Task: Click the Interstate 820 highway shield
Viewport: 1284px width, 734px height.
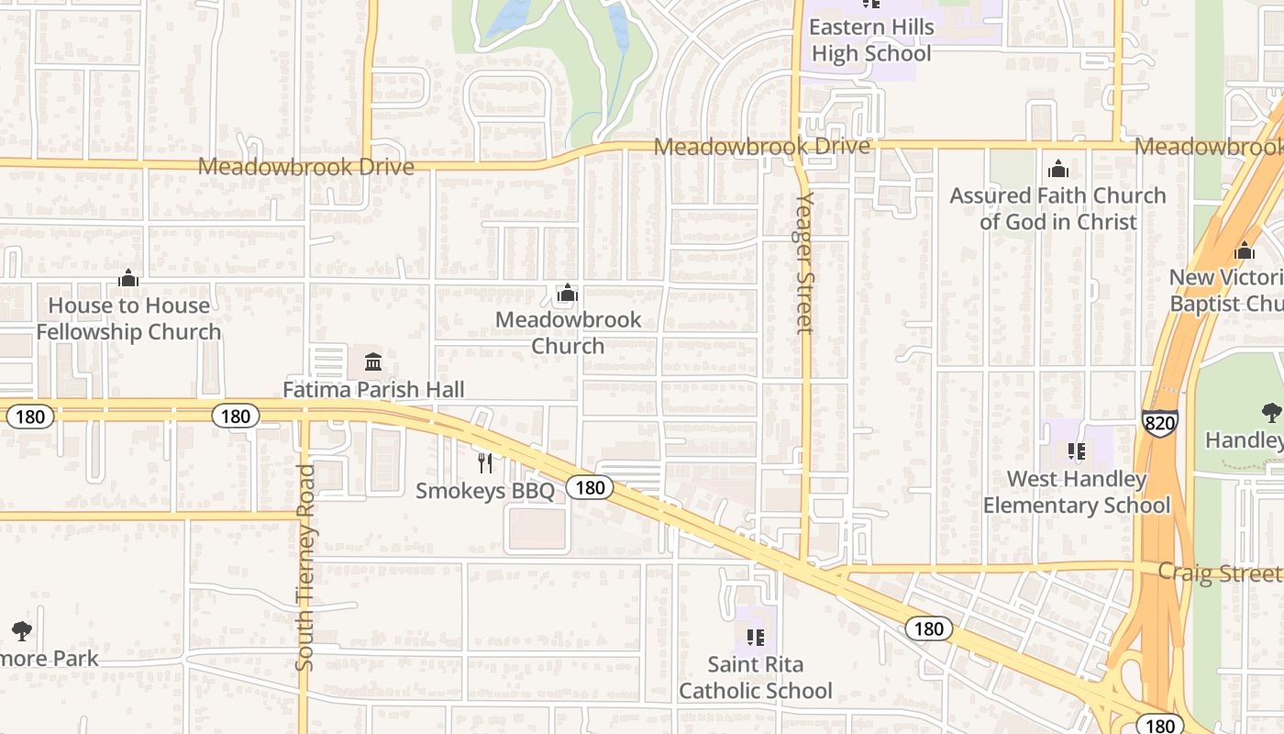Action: pyautogui.click(x=1160, y=421)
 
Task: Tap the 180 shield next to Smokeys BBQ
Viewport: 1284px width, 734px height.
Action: pyautogui.click(x=589, y=487)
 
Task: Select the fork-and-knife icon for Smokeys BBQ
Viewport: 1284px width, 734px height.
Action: pyautogui.click(x=485, y=463)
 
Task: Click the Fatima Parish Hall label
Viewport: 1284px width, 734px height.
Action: pyautogui.click(x=373, y=389)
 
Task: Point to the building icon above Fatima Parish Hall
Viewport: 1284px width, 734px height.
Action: pyautogui.click(x=372, y=361)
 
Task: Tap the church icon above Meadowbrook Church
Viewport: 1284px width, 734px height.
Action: pyautogui.click(x=568, y=294)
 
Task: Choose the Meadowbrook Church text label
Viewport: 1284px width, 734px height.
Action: pyautogui.click(x=568, y=333)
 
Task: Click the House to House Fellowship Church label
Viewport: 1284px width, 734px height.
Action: pyautogui.click(x=128, y=318)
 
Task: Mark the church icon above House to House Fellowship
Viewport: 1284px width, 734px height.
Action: pyautogui.click(x=128, y=278)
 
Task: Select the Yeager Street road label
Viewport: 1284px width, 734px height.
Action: pyautogui.click(x=805, y=262)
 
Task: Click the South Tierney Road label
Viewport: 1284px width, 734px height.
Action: pyautogui.click(x=305, y=567)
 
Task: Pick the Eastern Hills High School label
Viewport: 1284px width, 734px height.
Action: pyautogui.click(x=870, y=40)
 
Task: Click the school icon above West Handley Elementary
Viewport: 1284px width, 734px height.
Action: pyautogui.click(x=1077, y=450)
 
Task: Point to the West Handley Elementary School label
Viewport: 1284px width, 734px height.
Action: pyautogui.click(x=1077, y=493)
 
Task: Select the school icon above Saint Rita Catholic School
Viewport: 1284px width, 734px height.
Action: pyautogui.click(x=756, y=637)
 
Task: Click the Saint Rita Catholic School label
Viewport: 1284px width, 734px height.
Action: pyautogui.click(x=756, y=677)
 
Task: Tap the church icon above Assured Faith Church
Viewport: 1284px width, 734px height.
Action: pyautogui.click(x=1058, y=170)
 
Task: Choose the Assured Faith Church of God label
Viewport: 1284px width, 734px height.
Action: pyautogui.click(x=1057, y=208)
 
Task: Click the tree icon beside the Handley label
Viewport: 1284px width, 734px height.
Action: pyautogui.click(x=1271, y=412)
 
